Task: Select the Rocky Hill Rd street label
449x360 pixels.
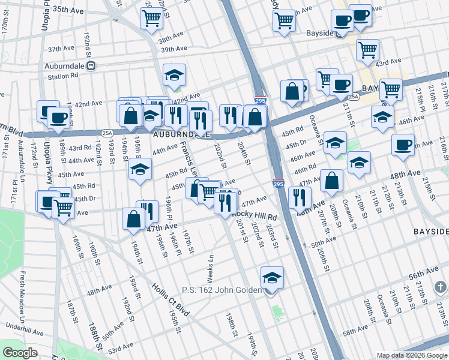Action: pos(255,216)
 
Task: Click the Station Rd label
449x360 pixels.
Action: pos(63,76)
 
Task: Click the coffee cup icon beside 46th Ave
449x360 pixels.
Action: pos(403,145)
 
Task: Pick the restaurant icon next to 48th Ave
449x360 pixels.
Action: pos(299,196)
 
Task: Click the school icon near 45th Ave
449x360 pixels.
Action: pos(140,170)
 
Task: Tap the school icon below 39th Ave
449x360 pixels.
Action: pos(174,76)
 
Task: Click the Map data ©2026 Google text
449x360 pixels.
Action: pos(412,355)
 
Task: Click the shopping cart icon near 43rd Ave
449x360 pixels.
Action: pos(367,50)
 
